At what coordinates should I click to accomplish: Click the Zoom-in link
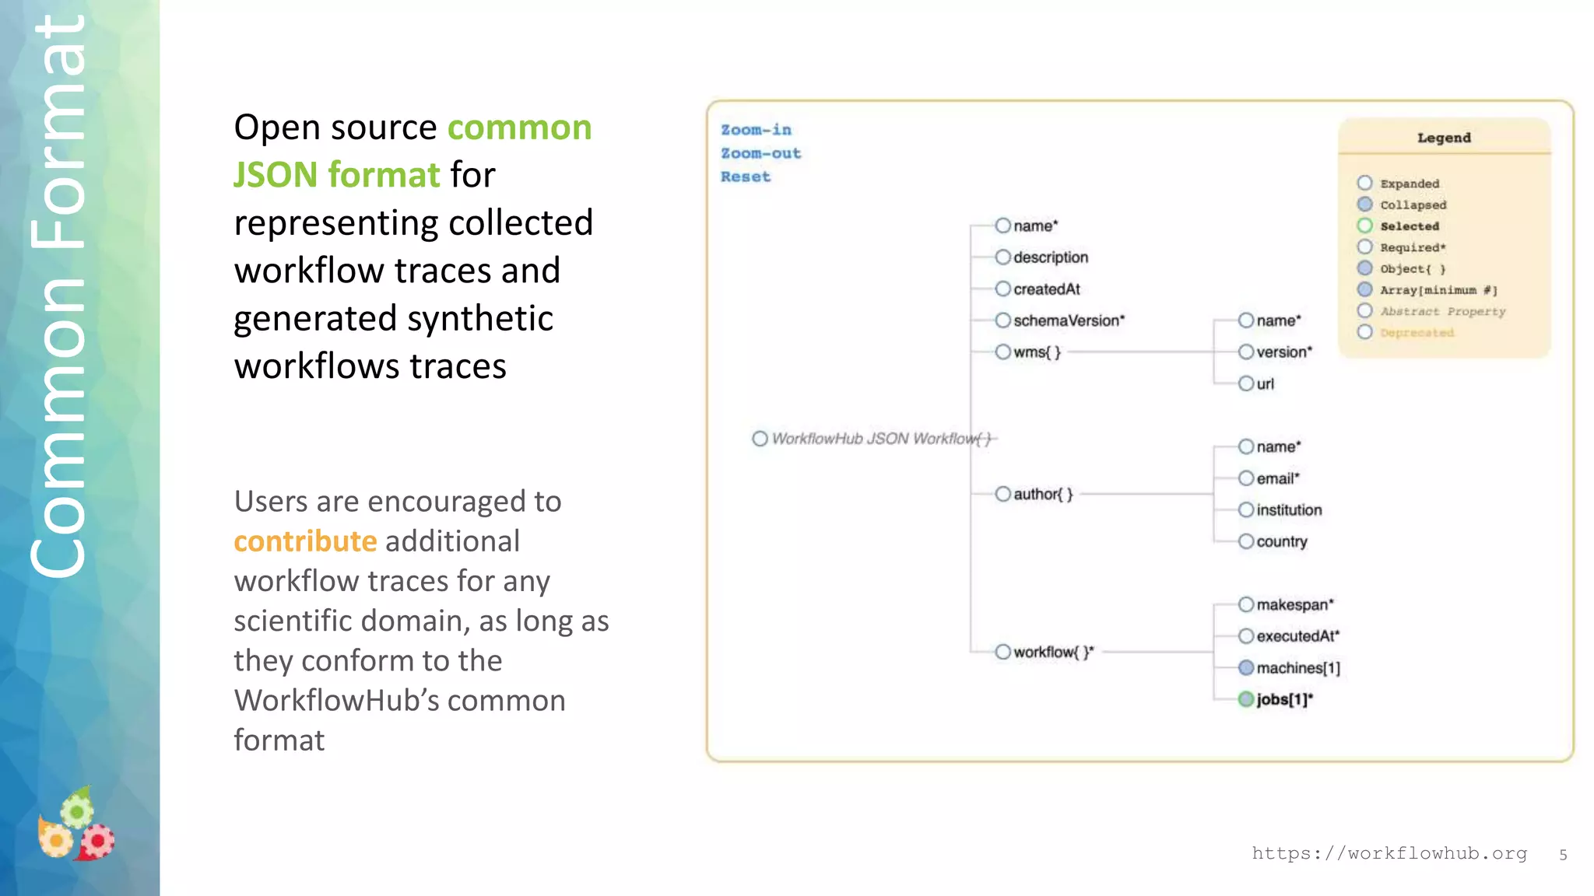[x=756, y=130]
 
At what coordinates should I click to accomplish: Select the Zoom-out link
[x=760, y=153]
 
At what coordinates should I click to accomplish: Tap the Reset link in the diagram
[x=745, y=177]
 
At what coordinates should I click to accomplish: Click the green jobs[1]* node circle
[x=1246, y=699]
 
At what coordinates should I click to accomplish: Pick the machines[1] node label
[x=1298, y=668]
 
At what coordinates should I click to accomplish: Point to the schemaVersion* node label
[x=1069, y=320]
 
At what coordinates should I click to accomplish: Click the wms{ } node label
[x=1037, y=352]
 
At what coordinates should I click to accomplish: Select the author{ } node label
[x=1043, y=494]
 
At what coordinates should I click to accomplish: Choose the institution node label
[x=1289, y=510]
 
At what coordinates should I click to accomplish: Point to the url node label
[x=1266, y=383]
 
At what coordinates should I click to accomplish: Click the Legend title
[x=1444, y=138]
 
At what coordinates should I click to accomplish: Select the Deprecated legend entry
[x=1417, y=333]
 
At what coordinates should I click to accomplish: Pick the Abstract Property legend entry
[x=1442, y=311]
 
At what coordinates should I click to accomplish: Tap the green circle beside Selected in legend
[x=1364, y=226]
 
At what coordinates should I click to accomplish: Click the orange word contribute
[x=305, y=541]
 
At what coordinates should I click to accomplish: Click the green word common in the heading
[x=519, y=128]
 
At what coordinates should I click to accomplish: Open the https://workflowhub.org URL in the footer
[x=1389, y=853]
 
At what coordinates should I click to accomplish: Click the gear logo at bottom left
[x=76, y=826]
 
